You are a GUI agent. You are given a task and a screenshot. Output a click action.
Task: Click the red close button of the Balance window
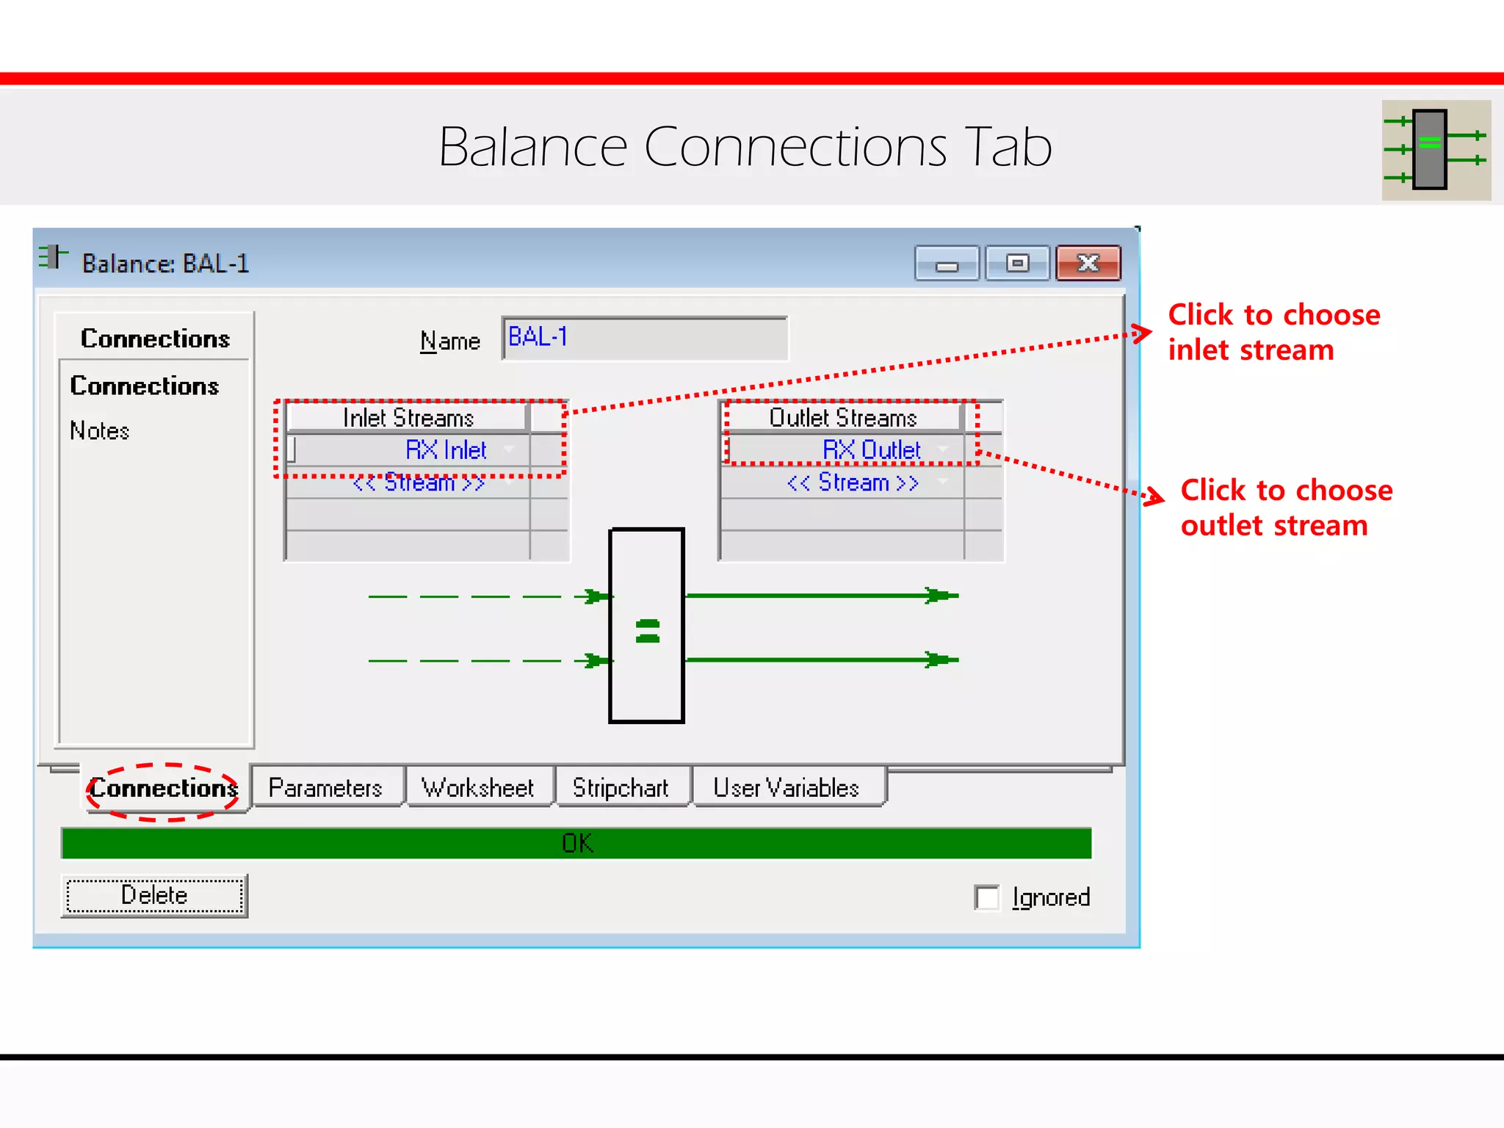pyautogui.click(x=1088, y=264)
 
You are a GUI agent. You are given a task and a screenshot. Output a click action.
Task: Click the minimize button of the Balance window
pyautogui.click(x=947, y=264)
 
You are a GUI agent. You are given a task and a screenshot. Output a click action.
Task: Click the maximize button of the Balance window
pyautogui.click(x=1017, y=264)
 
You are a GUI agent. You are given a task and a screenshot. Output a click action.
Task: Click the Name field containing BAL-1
pyautogui.click(x=644, y=338)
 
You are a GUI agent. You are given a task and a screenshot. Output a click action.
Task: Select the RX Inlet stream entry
pyautogui.click(x=445, y=449)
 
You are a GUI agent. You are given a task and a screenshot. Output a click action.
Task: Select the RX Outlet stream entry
pyautogui.click(x=871, y=449)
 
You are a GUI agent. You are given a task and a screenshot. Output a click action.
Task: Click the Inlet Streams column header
pyautogui.click(x=408, y=418)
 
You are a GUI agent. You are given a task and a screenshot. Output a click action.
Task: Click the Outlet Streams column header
pyautogui.click(x=842, y=418)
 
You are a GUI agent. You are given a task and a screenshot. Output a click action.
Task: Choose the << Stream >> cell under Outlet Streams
pyautogui.click(x=852, y=482)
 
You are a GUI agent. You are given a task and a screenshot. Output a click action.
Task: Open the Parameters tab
pyautogui.click(x=325, y=788)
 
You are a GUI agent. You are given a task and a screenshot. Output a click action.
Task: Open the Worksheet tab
pyautogui.click(x=477, y=788)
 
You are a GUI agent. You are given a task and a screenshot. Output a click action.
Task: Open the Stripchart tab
pyautogui.click(x=621, y=788)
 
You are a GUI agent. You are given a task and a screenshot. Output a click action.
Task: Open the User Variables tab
pyautogui.click(x=786, y=788)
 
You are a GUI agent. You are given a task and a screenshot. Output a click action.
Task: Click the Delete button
pyautogui.click(x=154, y=895)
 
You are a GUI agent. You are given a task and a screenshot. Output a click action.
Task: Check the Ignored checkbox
pyautogui.click(x=987, y=897)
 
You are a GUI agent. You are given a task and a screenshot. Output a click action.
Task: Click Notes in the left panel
pyautogui.click(x=100, y=430)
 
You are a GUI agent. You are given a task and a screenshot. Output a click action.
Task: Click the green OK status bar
pyautogui.click(x=576, y=843)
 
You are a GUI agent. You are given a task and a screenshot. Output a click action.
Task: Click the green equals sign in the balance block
pyautogui.click(x=647, y=631)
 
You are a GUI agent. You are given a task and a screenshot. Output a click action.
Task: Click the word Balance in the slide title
pyautogui.click(x=533, y=147)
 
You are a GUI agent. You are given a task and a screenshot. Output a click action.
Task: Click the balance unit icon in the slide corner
pyautogui.click(x=1436, y=150)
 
